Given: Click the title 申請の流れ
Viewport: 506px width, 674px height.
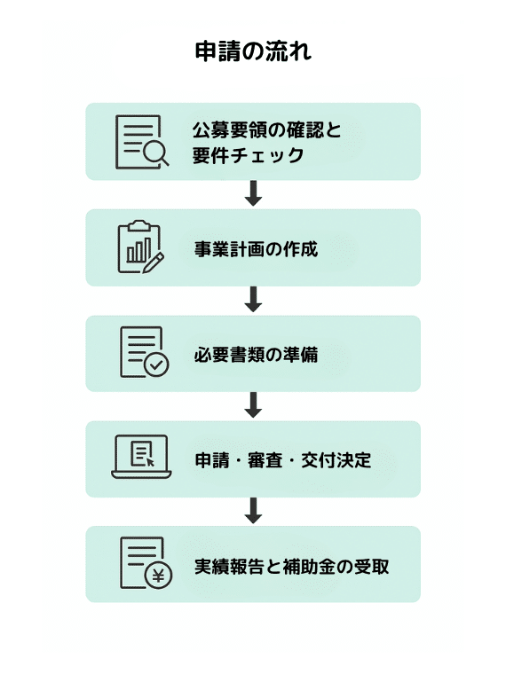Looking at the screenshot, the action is coord(253,51).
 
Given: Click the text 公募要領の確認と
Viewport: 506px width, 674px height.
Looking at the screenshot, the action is coord(267,130).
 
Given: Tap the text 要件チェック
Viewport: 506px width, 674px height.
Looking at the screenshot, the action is coord(249,155).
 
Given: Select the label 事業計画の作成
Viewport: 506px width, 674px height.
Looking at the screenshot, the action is coord(256,249).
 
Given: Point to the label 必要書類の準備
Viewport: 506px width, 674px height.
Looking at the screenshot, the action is coord(256,355).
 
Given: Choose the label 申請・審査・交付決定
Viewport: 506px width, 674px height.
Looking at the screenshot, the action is coord(283,460).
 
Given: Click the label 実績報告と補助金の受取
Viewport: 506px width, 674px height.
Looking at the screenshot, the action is coord(292,566).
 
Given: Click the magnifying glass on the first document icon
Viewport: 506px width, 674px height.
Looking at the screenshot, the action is coord(155,153).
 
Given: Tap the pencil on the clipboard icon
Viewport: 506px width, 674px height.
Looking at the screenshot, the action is coord(153,263).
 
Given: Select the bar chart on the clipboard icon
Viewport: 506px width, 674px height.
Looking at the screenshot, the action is coord(138,251).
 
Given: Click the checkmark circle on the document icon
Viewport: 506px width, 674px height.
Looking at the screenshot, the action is coord(156,365).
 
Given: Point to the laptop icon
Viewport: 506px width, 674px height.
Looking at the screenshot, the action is coord(141,457).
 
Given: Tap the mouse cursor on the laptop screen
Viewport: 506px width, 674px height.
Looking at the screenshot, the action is coord(150,462).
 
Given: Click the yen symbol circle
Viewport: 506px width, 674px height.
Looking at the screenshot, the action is coord(158,576).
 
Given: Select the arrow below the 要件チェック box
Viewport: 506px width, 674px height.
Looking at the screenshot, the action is coord(253,193).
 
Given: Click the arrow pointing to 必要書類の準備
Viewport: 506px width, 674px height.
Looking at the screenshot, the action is coord(253,299).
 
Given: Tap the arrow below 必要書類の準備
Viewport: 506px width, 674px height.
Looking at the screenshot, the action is coord(253,404).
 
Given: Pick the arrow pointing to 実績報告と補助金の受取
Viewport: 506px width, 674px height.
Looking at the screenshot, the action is coord(253,510).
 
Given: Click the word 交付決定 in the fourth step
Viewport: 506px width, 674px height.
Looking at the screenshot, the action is coord(336,460).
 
